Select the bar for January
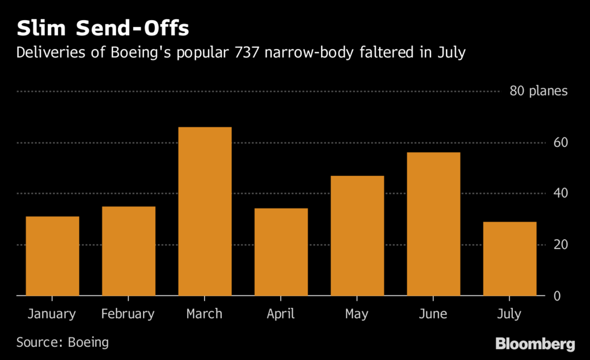coord(52,256)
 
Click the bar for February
coord(128,251)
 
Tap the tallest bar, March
coord(205,211)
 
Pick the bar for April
coord(281,252)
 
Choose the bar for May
coord(357,236)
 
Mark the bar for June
coord(433,224)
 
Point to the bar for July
coord(509,259)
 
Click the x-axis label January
coord(51,314)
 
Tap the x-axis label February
coord(128,314)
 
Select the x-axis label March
coord(205,314)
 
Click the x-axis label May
coord(357,314)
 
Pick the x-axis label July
coord(509,314)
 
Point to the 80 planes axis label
coord(539,91)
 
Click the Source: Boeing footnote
coord(63,342)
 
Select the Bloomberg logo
coord(535,344)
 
